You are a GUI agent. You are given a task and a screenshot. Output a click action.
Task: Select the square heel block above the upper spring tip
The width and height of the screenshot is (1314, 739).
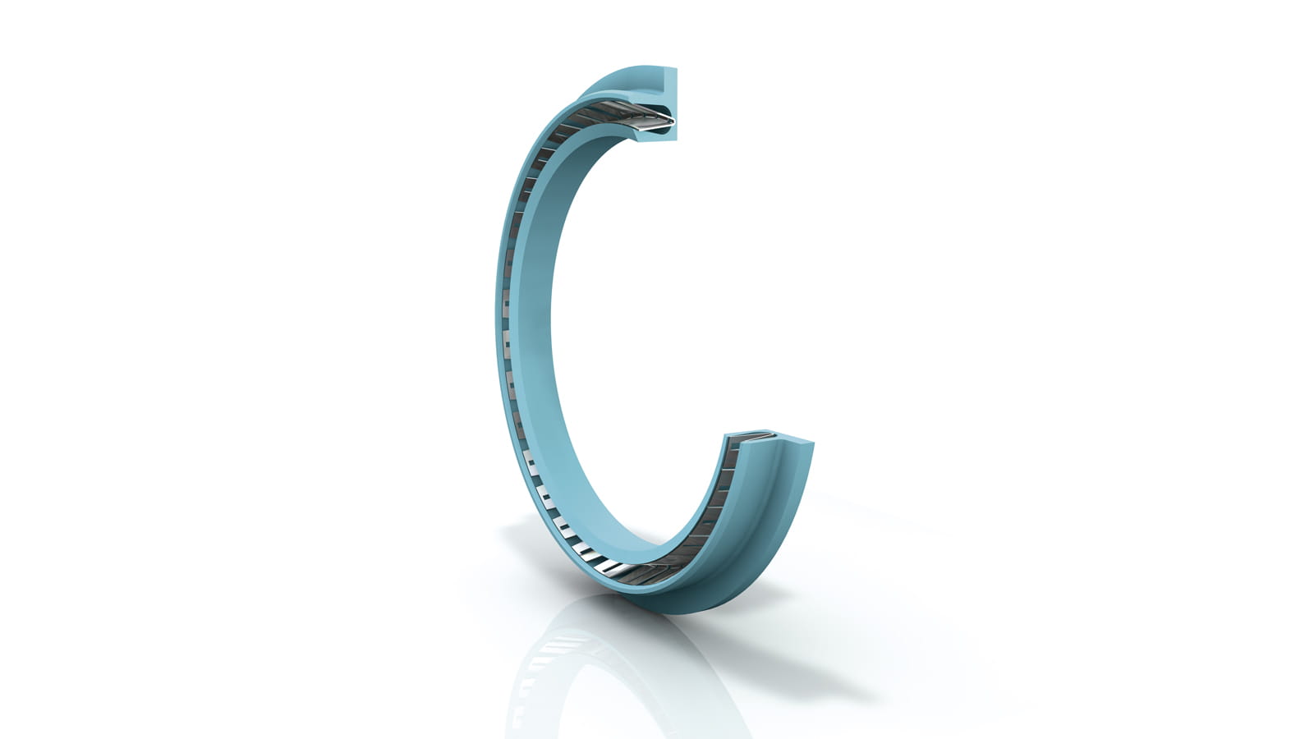tap(667, 82)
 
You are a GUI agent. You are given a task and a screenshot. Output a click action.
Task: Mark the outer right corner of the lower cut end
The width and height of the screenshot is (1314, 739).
tap(813, 444)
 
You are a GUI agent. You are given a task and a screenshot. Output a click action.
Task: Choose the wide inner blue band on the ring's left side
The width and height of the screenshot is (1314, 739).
tap(534, 328)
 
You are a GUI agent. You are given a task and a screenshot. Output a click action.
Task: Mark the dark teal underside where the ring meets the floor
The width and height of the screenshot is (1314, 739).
tap(657, 606)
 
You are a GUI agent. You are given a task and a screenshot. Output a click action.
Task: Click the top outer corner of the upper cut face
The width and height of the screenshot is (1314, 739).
tap(676, 70)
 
